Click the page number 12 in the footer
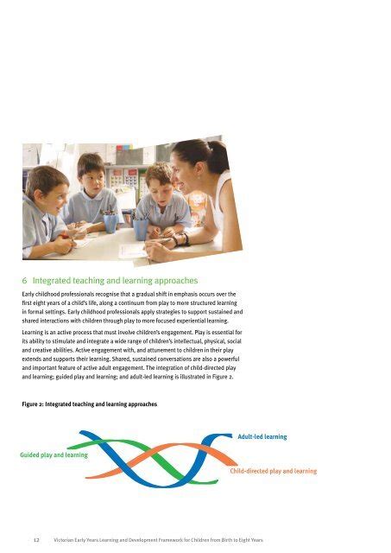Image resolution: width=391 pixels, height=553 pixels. pyautogui.click(x=34, y=537)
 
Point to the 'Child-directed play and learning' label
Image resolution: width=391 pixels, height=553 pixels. pyautogui.click(x=273, y=472)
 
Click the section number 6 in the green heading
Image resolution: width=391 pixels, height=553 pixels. pyautogui.click(x=25, y=281)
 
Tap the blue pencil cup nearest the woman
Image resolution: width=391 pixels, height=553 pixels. pyautogui.click(x=140, y=229)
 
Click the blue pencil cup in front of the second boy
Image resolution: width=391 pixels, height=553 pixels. pyautogui.click(x=110, y=223)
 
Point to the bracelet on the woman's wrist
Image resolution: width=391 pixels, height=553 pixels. pyautogui.click(x=180, y=239)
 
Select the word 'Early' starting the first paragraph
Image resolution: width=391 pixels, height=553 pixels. pyautogui.click(x=31, y=296)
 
